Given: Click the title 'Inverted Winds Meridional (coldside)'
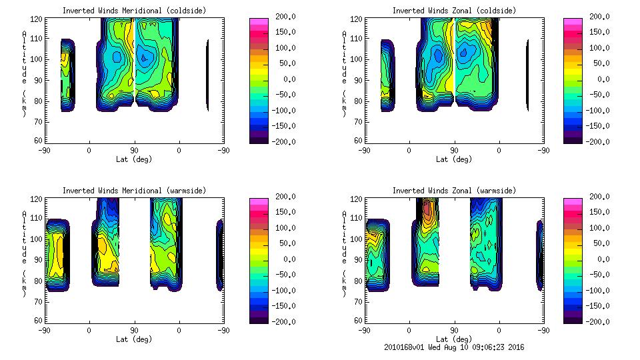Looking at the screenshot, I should click(134, 11).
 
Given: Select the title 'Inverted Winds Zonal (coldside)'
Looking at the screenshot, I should click(454, 11).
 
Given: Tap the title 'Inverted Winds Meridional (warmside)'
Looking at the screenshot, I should click(134, 191).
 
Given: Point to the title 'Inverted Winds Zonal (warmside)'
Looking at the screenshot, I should click(454, 191).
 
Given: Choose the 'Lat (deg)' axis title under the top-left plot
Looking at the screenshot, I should click(134, 159).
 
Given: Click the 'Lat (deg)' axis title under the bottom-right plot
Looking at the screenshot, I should click(454, 339).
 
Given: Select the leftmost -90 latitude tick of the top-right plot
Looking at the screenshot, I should click(364, 151).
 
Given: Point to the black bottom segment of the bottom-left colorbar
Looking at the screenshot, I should click(259, 318).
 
